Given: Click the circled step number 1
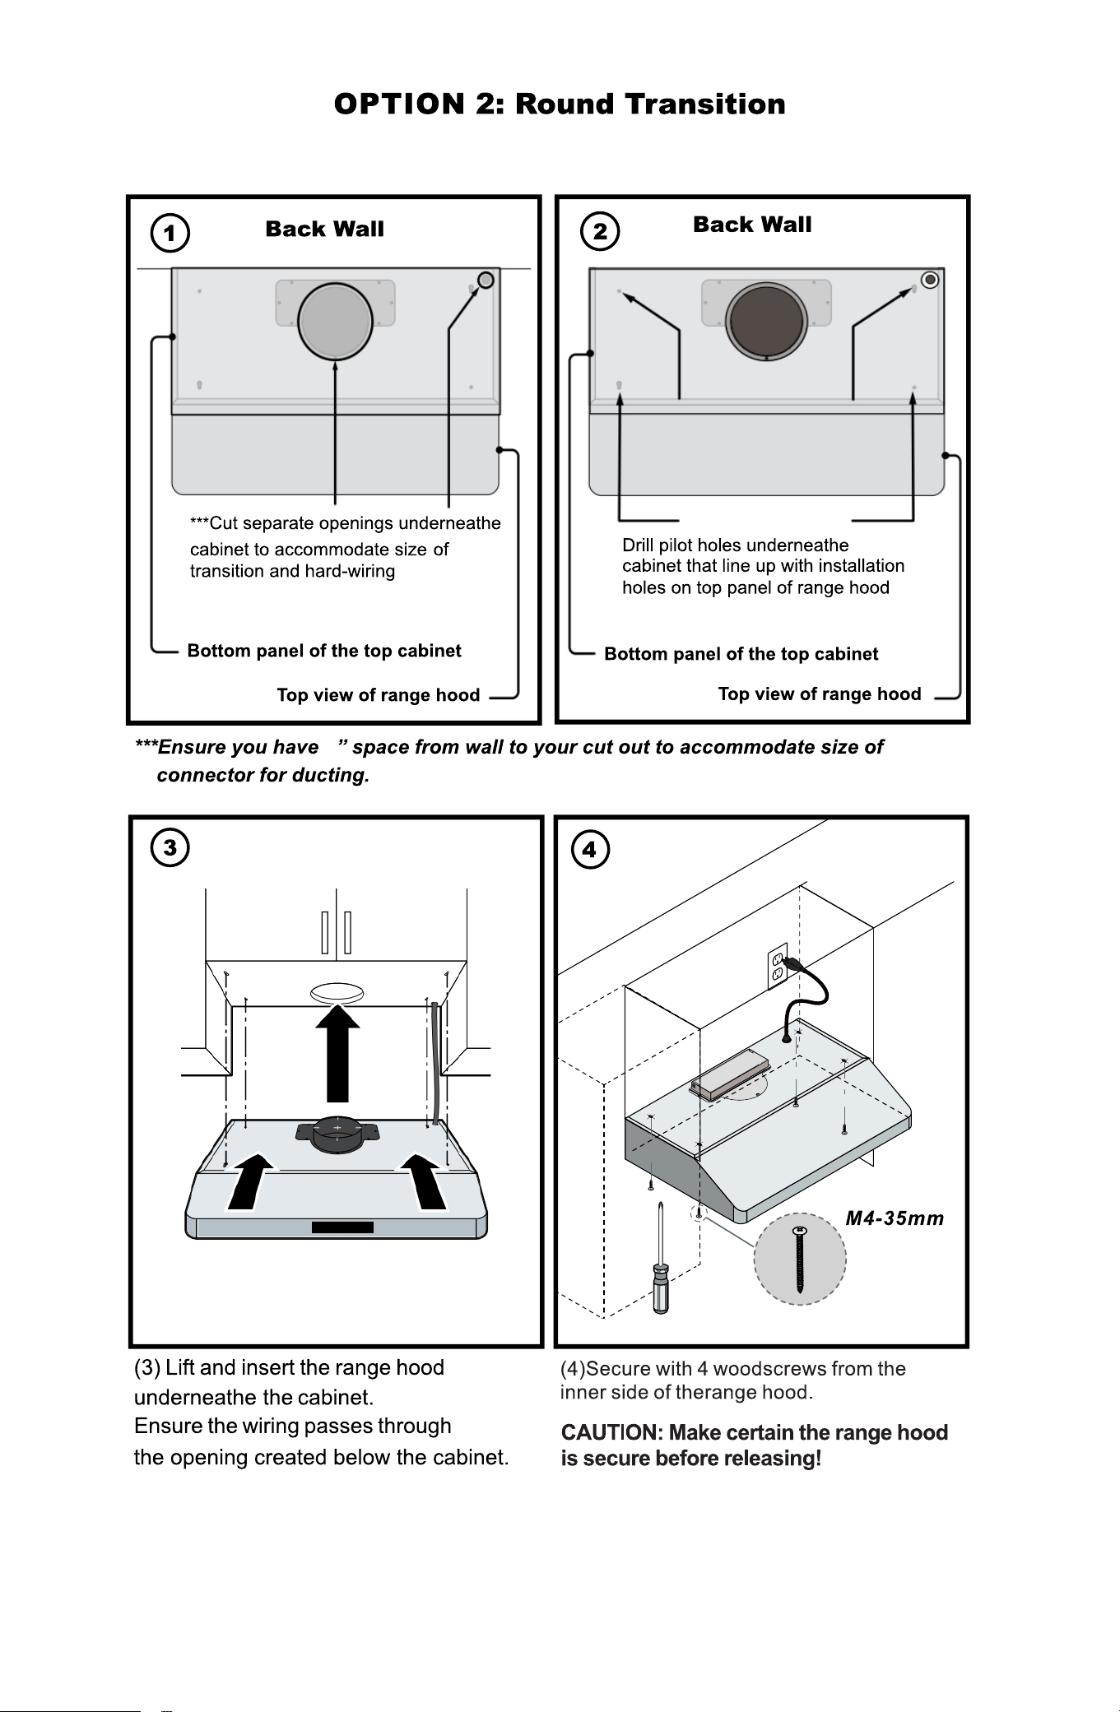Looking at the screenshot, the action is coord(170,233).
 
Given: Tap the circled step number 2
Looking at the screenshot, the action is coord(600,231).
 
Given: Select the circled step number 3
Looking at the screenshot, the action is coord(170,848).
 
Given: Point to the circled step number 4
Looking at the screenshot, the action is coord(590,850).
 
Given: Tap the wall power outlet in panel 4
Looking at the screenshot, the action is coord(778,965).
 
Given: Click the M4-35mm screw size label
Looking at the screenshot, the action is coord(895,1218).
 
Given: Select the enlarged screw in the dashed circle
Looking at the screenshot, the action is coord(800,1260).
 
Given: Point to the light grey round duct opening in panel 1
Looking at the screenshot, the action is coord(336,321).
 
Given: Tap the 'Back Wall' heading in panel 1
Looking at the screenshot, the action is coord(325,229).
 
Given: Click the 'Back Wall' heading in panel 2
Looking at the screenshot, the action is coord(752,225).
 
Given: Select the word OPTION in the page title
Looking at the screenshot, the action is coord(399,104).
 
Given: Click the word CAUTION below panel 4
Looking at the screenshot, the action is coord(610,1433).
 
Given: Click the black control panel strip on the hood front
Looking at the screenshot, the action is coord(342,1227).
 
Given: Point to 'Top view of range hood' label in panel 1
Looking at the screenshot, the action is coord(379,695).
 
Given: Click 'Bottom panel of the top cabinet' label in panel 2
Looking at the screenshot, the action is coord(741,654).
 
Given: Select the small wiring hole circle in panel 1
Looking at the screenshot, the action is coord(486,280).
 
